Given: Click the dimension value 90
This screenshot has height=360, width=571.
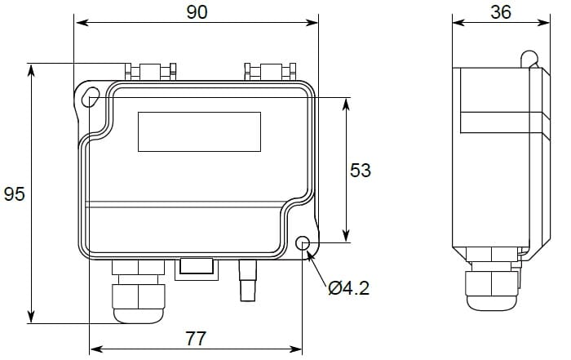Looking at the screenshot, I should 197,11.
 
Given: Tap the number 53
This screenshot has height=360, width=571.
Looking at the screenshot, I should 360,171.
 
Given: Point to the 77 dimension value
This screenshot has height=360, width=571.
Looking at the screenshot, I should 196,338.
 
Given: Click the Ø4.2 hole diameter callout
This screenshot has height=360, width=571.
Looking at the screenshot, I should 348,287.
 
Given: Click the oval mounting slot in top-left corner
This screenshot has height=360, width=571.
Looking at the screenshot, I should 91,96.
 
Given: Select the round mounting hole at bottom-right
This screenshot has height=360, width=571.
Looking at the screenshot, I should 303,244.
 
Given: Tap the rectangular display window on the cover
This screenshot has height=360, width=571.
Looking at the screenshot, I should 199,131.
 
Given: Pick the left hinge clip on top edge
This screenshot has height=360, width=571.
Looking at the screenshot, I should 151,71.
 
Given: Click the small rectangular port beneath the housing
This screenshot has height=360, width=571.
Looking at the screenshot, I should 197,267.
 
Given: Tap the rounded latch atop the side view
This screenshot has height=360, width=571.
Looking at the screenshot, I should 529,59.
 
